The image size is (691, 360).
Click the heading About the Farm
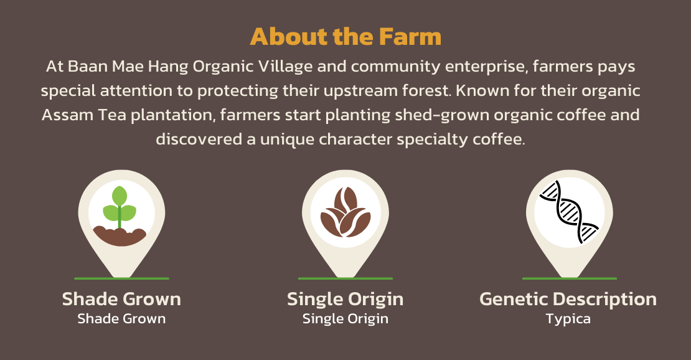point(345,36)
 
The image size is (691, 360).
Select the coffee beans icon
point(345,212)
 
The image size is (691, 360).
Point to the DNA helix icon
point(570,212)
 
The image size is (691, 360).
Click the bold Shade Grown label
point(121,299)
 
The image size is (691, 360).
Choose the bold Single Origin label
point(345,299)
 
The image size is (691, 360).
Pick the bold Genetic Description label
point(568,299)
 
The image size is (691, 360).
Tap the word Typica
point(568,319)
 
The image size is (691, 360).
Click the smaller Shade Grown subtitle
point(121,318)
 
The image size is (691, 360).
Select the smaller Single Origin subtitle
point(345,318)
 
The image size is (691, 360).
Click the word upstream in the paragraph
point(360,91)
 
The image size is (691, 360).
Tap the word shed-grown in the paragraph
point(442,115)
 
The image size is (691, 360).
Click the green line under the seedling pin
point(121,278)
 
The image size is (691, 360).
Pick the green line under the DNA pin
point(570,278)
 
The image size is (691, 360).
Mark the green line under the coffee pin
point(345,278)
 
